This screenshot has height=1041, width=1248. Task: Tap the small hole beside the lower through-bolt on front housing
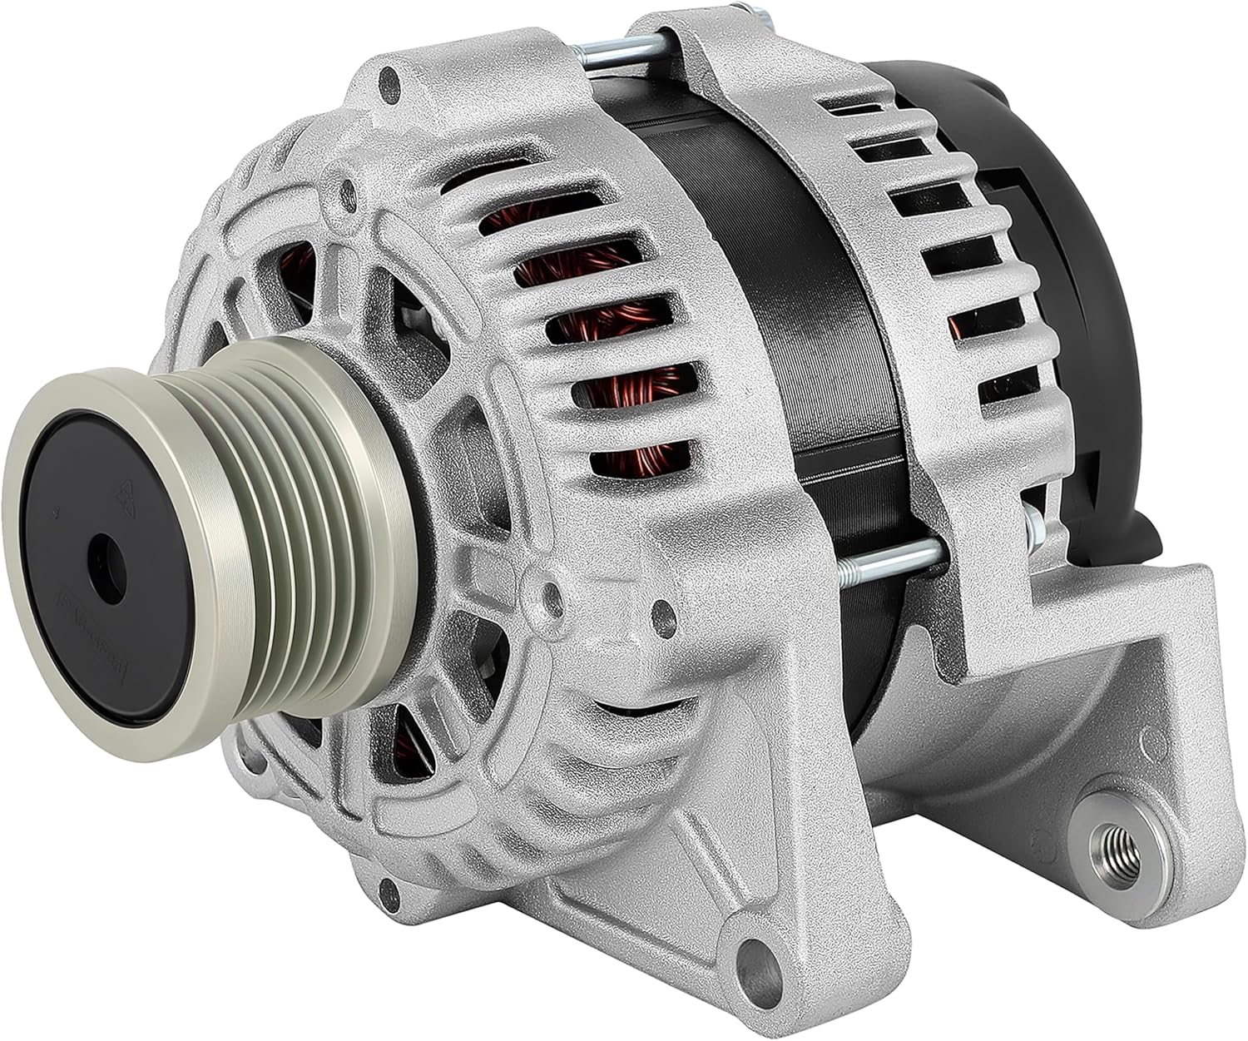(663, 614)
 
